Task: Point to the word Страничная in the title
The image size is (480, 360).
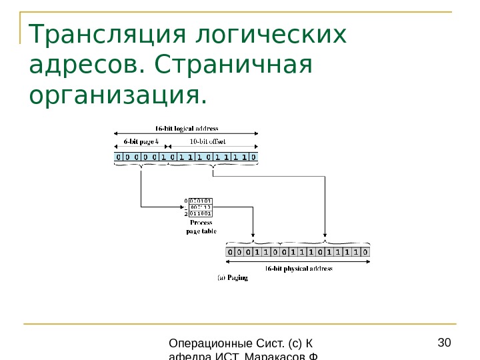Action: pos(233,65)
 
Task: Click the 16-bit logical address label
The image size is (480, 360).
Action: pos(187,128)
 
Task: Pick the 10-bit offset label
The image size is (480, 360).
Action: pos(208,141)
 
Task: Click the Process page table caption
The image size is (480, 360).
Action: pos(201,227)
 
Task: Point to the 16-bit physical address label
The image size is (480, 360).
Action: pos(299,269)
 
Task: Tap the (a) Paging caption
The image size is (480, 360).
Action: pos(233,277)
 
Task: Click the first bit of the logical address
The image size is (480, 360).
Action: pos(119,157)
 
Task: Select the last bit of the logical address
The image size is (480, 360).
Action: pos(253,157)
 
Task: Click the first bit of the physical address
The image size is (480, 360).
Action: pos(231,252)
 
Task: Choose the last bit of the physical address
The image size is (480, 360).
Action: pos(365,252)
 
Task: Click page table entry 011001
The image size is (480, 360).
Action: pos(201,214)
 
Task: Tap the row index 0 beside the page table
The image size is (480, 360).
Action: pos(185,200)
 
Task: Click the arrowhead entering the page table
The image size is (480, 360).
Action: pos(181,207)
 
